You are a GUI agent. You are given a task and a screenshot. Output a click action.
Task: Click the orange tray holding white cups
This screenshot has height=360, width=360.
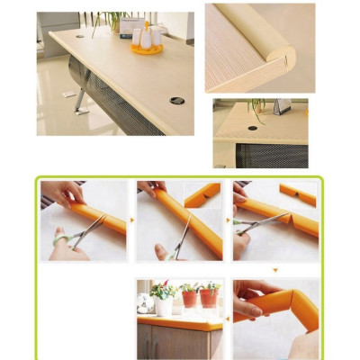(x=146, y=48)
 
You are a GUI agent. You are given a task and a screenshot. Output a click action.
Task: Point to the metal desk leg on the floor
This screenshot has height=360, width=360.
(x=80, y=100)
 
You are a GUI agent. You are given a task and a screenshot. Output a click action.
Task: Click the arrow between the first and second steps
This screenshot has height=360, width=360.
(x=132, y=219)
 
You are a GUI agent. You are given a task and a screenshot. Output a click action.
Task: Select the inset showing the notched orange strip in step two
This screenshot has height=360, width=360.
(x=202, y=194)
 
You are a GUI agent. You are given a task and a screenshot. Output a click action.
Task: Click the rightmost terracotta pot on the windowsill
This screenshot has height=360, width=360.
(x=211, y=297)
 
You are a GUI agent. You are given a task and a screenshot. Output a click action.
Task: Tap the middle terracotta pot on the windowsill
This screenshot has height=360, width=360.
(x=190, y=298)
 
